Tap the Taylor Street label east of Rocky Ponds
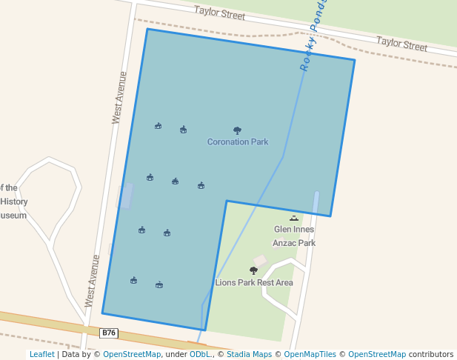401,44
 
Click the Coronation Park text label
237,141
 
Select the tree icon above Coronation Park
237,130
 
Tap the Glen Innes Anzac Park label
294,236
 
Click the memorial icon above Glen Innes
294,219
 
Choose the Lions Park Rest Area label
254,282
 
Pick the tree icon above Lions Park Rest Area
254,271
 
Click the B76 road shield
109,333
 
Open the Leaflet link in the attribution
41,355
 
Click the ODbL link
199,355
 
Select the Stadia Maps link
249,355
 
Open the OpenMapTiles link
310,355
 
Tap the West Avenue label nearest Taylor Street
119,97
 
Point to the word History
14,201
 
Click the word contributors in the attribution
431,355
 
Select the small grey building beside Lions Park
260,261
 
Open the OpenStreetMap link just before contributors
376,355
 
